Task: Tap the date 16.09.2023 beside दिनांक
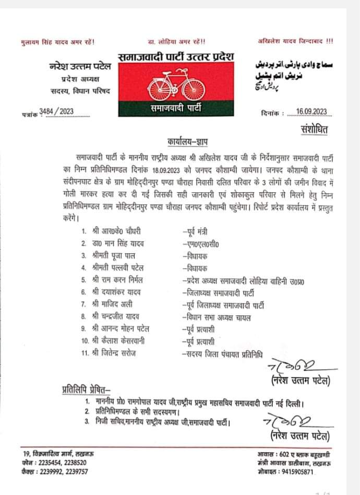[x=310, y=112]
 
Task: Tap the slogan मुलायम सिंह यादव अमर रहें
[x=57, y=42]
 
